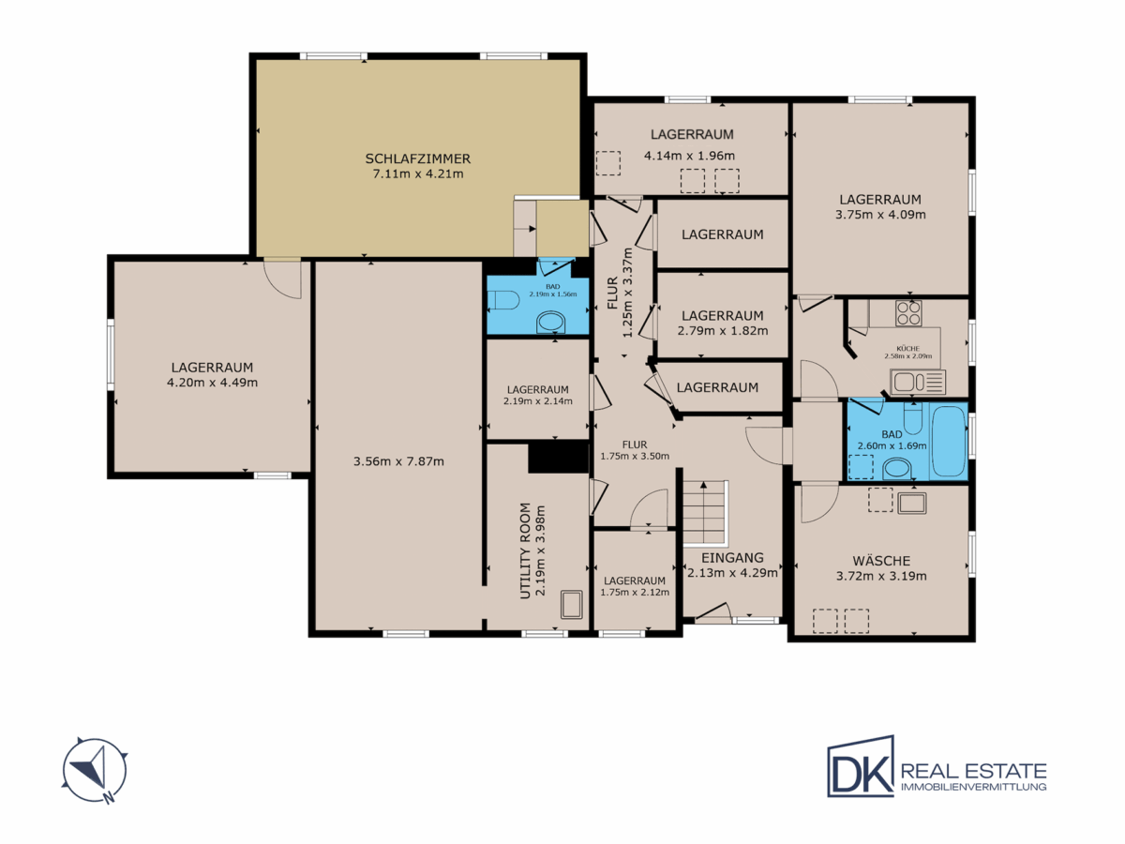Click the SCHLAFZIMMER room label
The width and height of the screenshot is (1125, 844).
pos(418,158)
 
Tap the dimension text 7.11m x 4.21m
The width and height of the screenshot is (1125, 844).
pos(418,174)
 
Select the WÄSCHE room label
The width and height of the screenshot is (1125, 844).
pos(881,560)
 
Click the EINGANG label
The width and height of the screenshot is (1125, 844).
pos(732,558)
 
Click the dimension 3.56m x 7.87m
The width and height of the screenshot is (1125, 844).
pos(398,461)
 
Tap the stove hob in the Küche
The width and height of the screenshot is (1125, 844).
pos(908,313)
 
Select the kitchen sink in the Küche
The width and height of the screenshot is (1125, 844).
pos(918,383)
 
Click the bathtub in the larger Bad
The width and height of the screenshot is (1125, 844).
pos(949,441)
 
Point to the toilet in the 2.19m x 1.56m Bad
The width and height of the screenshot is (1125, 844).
pos(502,300)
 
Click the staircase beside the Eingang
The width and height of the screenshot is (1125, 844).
pos(705,512)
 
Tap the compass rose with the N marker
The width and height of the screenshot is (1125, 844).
pos(95,770)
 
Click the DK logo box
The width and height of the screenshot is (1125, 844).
pos(861,766)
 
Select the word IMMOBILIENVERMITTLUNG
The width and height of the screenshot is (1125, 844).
pos(974,787)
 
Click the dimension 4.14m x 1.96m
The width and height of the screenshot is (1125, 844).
pos(689,156)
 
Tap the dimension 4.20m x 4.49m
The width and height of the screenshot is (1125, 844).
pos(212,383)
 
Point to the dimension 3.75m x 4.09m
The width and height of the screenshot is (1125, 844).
pos(880,215)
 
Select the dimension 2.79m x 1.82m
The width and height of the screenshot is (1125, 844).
pos(723,331)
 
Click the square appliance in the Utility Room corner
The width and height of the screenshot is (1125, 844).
pos(572,605)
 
